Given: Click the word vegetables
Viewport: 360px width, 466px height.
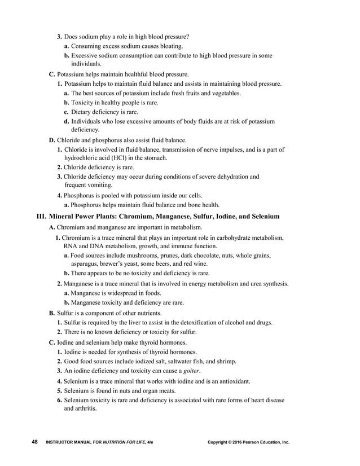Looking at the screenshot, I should pyautogui.click(x=226, y=93).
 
